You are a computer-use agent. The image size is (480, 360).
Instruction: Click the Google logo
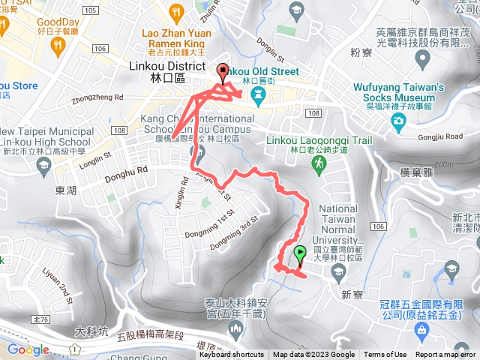28,349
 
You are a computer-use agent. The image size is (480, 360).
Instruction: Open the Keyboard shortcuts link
231,355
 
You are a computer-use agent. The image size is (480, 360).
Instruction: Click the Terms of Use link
385,355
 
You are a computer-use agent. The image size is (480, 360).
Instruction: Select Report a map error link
445,355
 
